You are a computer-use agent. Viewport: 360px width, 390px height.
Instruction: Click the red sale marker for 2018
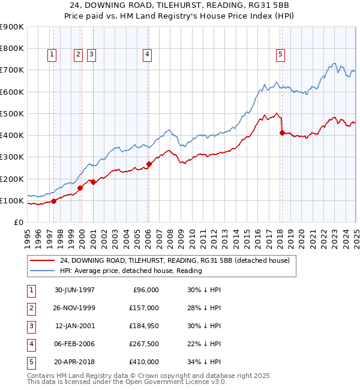282,133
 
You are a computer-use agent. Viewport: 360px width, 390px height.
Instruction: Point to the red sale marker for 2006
149,164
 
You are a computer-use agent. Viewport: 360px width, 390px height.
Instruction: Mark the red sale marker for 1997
54,201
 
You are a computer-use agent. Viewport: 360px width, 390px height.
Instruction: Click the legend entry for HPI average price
131,271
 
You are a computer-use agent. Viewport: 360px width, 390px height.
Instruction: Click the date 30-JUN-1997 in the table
74,290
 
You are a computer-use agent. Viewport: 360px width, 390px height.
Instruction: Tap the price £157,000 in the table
144,308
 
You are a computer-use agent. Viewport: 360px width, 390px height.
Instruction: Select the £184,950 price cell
144,326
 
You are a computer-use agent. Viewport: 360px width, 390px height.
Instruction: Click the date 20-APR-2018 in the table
74,362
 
